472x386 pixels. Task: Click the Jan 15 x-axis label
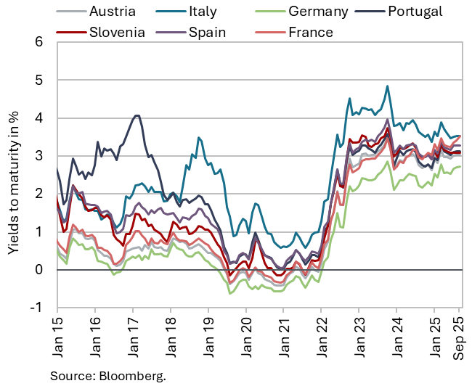(x=57, y=336)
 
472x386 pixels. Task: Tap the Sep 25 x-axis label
(x=460, y=336)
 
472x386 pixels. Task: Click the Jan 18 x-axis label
(x=169, y=336)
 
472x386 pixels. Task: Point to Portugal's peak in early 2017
(x=136, y=115)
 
